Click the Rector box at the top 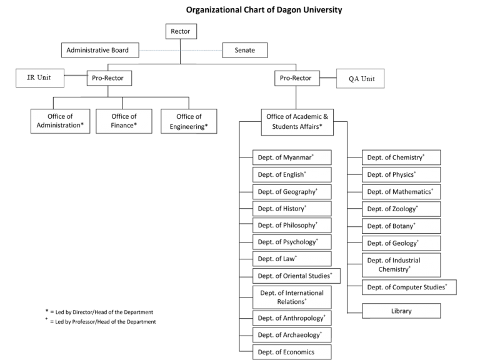181,31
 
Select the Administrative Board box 99,50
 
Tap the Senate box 244,50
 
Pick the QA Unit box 361,79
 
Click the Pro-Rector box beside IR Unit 109,78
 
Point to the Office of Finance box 124,121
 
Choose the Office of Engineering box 189,121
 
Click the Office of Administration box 60,121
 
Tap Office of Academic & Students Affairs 297,121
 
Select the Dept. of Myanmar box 292,157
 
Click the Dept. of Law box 292,259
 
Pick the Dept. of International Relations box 292,297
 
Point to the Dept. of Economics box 292,352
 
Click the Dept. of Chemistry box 401,157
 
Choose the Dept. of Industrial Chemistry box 401,264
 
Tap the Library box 401,311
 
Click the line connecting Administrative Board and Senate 181,50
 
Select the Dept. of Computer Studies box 409,287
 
